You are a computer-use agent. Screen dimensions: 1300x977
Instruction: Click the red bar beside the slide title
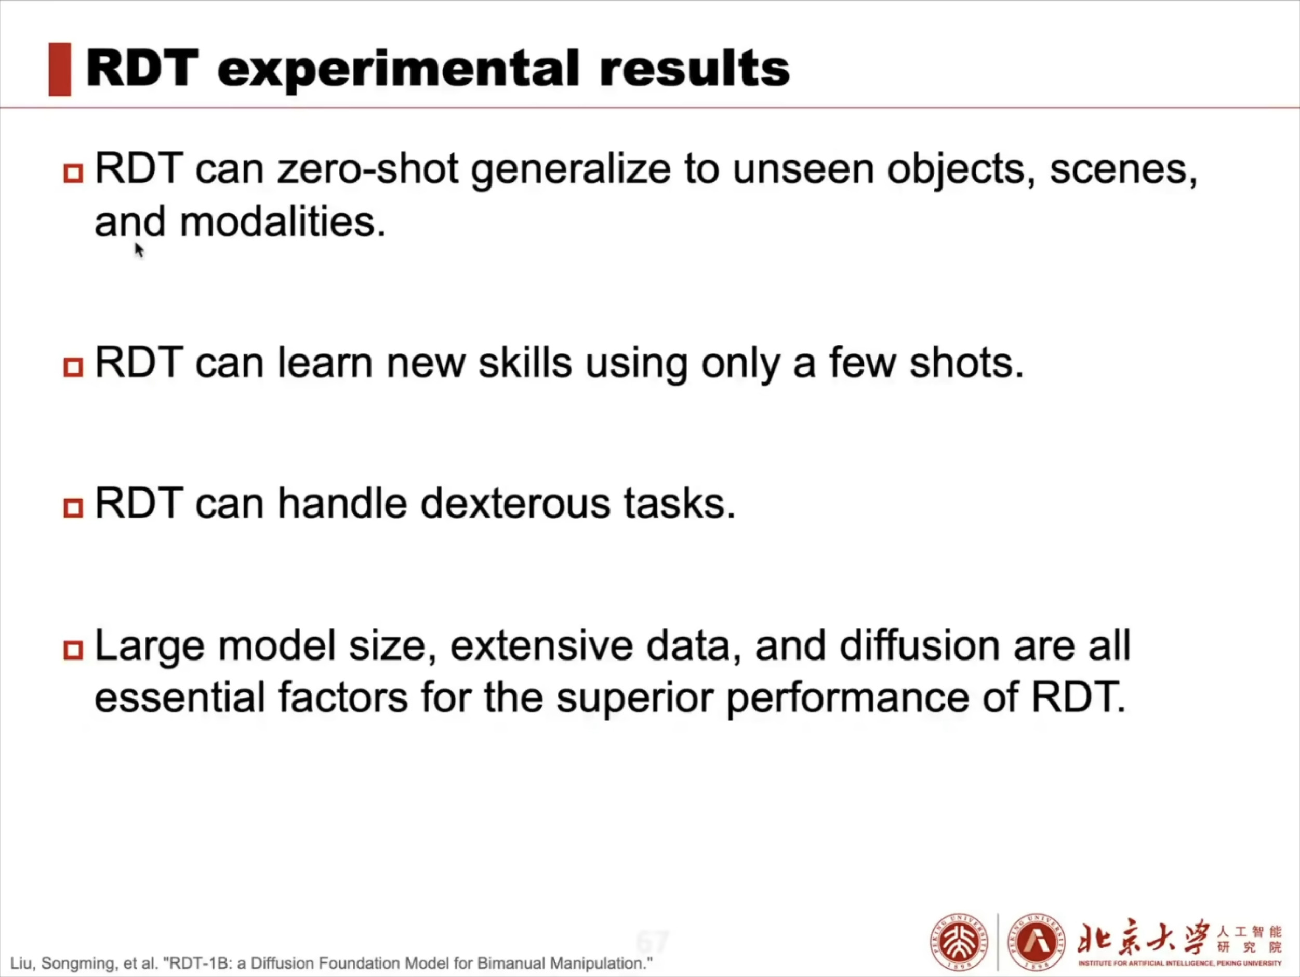pos(59,69)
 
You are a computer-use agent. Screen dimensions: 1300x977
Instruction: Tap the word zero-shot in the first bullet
pos(367,169)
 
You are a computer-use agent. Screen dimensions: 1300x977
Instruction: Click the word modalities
pos(283,222)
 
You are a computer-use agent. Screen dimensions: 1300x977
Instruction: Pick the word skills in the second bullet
pos(525,363)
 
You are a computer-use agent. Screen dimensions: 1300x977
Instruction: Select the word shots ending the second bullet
pos(966,363)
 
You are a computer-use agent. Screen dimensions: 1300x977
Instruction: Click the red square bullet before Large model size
pos(73,650)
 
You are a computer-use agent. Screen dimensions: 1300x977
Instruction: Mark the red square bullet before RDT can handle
pos(73,508)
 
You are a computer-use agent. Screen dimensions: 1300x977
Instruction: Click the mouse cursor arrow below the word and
pos(139,250)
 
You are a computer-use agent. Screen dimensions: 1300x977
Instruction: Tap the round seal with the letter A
pos(1036,942)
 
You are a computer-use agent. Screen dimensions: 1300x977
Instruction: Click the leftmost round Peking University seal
pos(959,942)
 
